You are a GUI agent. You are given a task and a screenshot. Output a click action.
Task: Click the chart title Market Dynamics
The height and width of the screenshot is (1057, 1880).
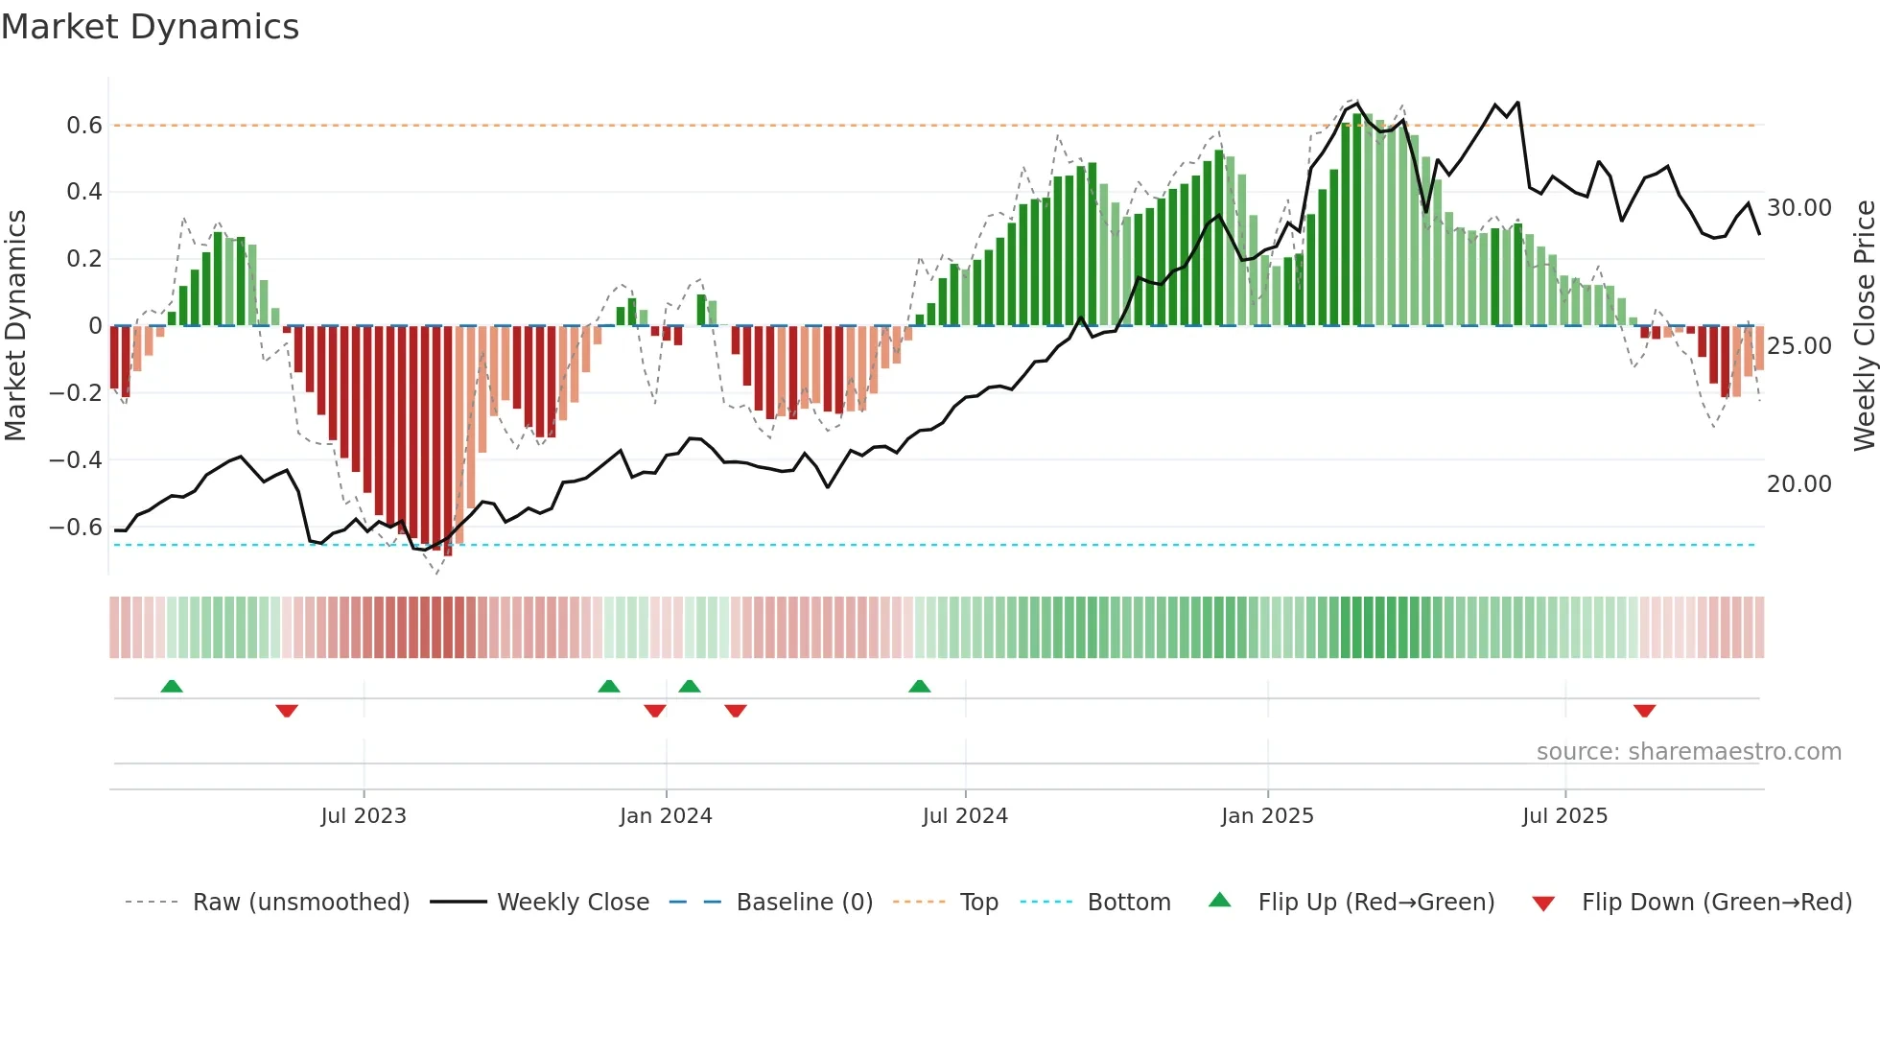[150, 27]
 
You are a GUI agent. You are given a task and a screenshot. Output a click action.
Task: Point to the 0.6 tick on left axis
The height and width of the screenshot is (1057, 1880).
[84, 126]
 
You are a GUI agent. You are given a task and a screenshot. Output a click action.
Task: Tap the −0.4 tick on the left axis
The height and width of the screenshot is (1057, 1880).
[77, 460]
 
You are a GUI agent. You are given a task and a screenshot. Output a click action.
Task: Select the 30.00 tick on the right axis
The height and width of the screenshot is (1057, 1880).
[1798, 208]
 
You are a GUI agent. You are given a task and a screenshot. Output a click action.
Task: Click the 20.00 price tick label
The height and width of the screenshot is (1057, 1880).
[1798, 484]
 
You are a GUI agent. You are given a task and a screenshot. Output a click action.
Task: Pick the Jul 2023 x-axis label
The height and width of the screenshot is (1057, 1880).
[364, 816]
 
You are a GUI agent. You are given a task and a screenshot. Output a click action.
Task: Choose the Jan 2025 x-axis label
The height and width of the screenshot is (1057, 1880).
[1267, 816]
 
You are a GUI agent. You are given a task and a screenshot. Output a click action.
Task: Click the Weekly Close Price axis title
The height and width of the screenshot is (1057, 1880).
[1864, 326]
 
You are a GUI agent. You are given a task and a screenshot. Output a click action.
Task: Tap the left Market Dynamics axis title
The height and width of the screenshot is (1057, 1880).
[16, 326]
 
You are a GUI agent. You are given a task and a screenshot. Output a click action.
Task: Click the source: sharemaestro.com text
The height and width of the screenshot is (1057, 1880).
[1688, 752]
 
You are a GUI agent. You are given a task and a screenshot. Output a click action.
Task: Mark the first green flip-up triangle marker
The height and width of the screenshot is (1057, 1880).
[172, 687]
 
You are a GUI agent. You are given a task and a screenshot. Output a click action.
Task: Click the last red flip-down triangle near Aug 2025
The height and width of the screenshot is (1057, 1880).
[1644, 711]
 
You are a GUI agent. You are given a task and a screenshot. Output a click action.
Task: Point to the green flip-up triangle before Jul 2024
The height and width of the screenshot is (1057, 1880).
[919, 687]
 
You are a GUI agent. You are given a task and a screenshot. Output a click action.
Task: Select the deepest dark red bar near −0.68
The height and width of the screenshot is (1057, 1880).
[448, 441]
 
